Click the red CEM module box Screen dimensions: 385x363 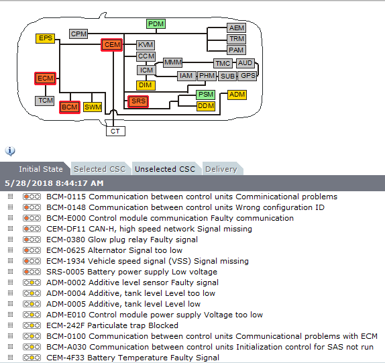pyautogui.click(x=112, y=45)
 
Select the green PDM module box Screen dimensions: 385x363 pyautogui.click(x=156, y=24)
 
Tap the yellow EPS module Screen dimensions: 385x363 pyautogui.click(x=45, y=38)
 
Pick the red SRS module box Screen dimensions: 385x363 pyautogui.click(x=138, y=101)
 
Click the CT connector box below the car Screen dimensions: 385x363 pyautogui.click(x=115, y=131)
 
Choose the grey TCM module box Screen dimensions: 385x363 pyautogui.click(x=45, y=101)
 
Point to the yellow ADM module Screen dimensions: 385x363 pyautogui.click(x=237, y=95)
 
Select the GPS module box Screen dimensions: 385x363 pyautogui.click(x=248, y=76)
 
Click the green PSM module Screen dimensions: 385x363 pyautogui.click(x=206, y=95)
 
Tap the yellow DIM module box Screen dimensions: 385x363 pyautogui.click(x=146, y=85)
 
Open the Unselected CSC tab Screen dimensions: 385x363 pyautogui.click(x=165, y=169)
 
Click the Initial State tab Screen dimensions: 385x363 pyautogui.click(x=41, y=169)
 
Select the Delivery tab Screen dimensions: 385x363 pyautogui.click(x=221, y=169)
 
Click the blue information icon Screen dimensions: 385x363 pyautogui.click(x=10, y=151)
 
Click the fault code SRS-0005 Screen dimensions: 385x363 pyautogui.click(x=66, y=272)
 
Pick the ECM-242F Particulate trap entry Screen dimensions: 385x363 pyautogui.click(x=112, y=325)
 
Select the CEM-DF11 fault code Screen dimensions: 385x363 pyautogui.click(x=66, y=229)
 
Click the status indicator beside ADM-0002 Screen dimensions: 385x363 pyautogui.click(x=32, y=282)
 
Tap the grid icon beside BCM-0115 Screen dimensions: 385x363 pyautogui.click(x=10, y=196)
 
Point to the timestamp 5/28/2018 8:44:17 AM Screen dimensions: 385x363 pyautogui.click(x=54, y=183)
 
